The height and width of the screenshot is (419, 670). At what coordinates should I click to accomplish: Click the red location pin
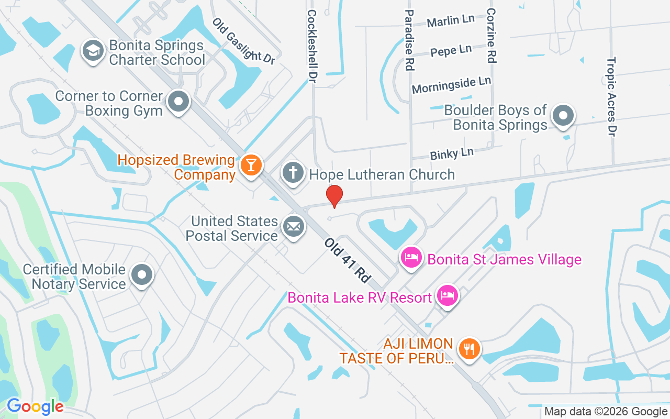point(334,196)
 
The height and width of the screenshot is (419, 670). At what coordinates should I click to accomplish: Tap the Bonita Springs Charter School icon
point(94,51)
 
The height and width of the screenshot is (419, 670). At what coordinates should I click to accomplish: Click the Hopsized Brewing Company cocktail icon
point(251,165)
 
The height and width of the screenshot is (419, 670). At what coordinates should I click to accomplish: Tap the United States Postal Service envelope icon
point(293,227)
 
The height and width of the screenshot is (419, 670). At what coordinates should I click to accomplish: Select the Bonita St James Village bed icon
point(412,257)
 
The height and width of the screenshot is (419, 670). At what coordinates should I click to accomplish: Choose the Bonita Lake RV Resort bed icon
point(447,295)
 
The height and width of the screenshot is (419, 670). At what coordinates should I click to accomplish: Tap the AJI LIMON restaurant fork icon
point(469,349)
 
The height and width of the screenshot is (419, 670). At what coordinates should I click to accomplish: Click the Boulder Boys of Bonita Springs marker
point(563,115)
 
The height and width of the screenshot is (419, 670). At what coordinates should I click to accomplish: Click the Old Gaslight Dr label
point(243,41)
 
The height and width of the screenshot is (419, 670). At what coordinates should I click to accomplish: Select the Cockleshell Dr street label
point(312,46)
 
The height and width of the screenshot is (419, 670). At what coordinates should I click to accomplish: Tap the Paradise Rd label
point(409,40)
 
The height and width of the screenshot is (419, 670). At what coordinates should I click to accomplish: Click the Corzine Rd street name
point(490,36)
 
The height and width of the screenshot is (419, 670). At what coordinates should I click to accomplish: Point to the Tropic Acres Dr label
point(611,96)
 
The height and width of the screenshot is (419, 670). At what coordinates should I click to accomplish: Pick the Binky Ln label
point(451,154)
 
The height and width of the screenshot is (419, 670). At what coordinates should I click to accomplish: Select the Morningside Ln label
point(451,85)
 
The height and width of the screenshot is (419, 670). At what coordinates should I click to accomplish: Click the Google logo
point(35,406)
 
